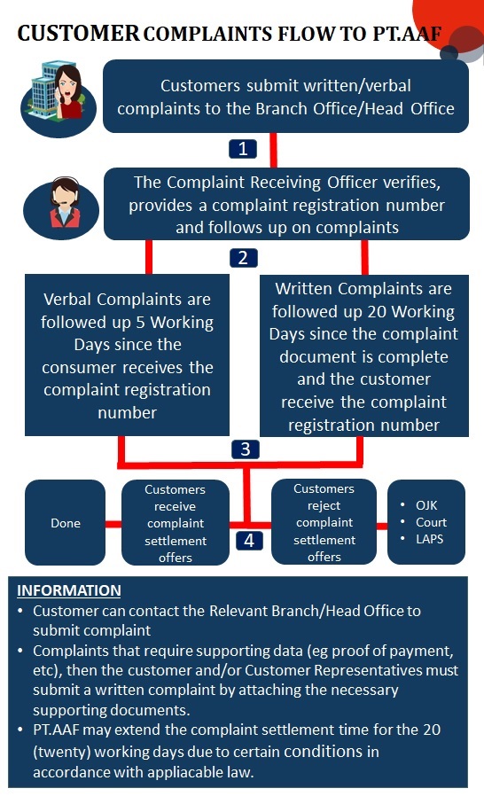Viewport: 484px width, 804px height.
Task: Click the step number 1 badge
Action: [243, 149]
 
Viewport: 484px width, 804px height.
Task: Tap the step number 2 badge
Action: [243, 257]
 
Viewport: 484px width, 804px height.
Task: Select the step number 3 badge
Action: [245, 449]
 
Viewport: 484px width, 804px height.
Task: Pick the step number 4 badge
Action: [249, 541]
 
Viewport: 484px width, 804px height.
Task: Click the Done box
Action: [65, 522]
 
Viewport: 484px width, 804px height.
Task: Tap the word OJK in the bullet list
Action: [426, 505]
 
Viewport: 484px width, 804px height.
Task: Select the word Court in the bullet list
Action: [431, 522]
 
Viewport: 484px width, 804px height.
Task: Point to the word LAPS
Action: [430, 539]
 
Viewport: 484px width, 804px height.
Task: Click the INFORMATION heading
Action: [69, 590]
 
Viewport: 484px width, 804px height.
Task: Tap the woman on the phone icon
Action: [59, 98]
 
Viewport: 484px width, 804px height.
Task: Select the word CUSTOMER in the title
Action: [78, 34]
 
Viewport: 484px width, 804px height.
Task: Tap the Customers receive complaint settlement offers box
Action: [176, 522]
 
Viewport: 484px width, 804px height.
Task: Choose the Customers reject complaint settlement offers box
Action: [324, 522]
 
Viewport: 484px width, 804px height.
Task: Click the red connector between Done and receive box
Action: [113, 524]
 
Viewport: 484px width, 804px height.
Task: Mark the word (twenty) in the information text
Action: [62, 752]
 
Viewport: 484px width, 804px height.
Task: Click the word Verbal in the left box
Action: [67, 300]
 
